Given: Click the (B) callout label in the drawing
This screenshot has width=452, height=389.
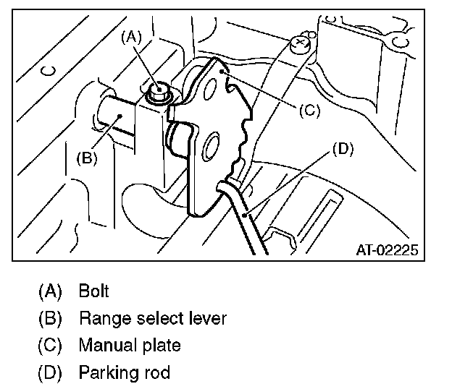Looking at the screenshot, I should coord(86,158).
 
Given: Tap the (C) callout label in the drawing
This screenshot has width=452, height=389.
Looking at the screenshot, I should coord(308,110).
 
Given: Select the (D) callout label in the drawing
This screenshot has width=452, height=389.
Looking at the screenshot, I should coord(342,149).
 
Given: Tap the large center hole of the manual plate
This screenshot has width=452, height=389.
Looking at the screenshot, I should coord(212,147).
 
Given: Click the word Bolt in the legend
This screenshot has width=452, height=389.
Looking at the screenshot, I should coord(94,291).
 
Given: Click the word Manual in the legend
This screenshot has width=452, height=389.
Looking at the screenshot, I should coord(104,346).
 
